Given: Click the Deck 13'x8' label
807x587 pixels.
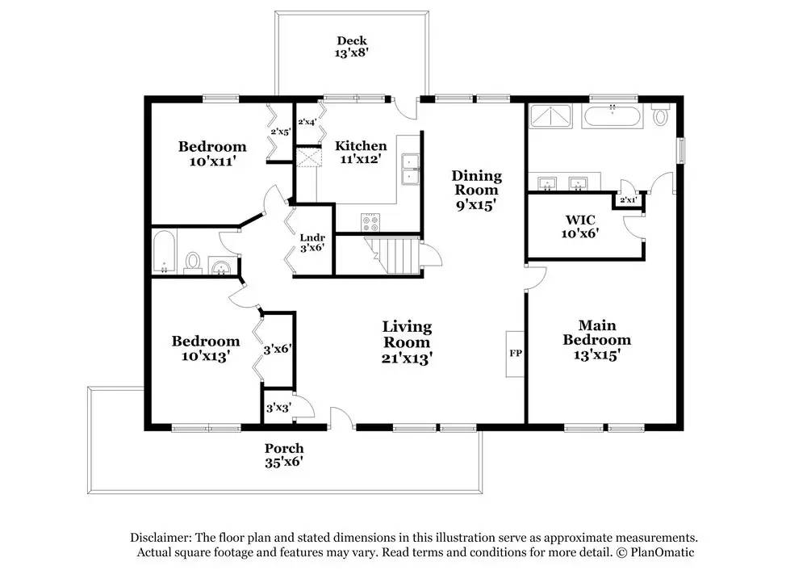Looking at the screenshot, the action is (x=352, y=46).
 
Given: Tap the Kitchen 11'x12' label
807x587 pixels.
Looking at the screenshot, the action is (x=361, y=152).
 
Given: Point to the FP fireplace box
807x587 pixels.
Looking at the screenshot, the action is (x=515, y=354).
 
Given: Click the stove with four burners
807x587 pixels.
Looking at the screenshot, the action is (x=370, y=222).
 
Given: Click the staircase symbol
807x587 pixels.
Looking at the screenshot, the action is (x=394, y=256).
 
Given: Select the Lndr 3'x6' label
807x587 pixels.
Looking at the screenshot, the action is (x=312, y=242).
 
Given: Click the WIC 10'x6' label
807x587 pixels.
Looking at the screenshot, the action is (x=580, y=227).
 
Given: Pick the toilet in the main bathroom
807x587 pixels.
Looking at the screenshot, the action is (x=660, y=115).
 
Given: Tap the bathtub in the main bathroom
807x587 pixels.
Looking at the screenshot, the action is (x=613, y=116).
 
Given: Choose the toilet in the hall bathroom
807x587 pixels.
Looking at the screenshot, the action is (x=193, y=262).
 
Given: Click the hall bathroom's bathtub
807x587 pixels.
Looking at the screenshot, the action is (x=165, y=252).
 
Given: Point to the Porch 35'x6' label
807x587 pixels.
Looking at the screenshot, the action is (x=284, y=455).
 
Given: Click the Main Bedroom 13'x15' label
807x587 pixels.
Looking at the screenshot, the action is (x=597, y=340).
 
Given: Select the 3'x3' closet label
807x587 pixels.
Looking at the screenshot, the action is (x=278, y=409).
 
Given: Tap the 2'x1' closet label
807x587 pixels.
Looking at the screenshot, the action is (x=628, y=199).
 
